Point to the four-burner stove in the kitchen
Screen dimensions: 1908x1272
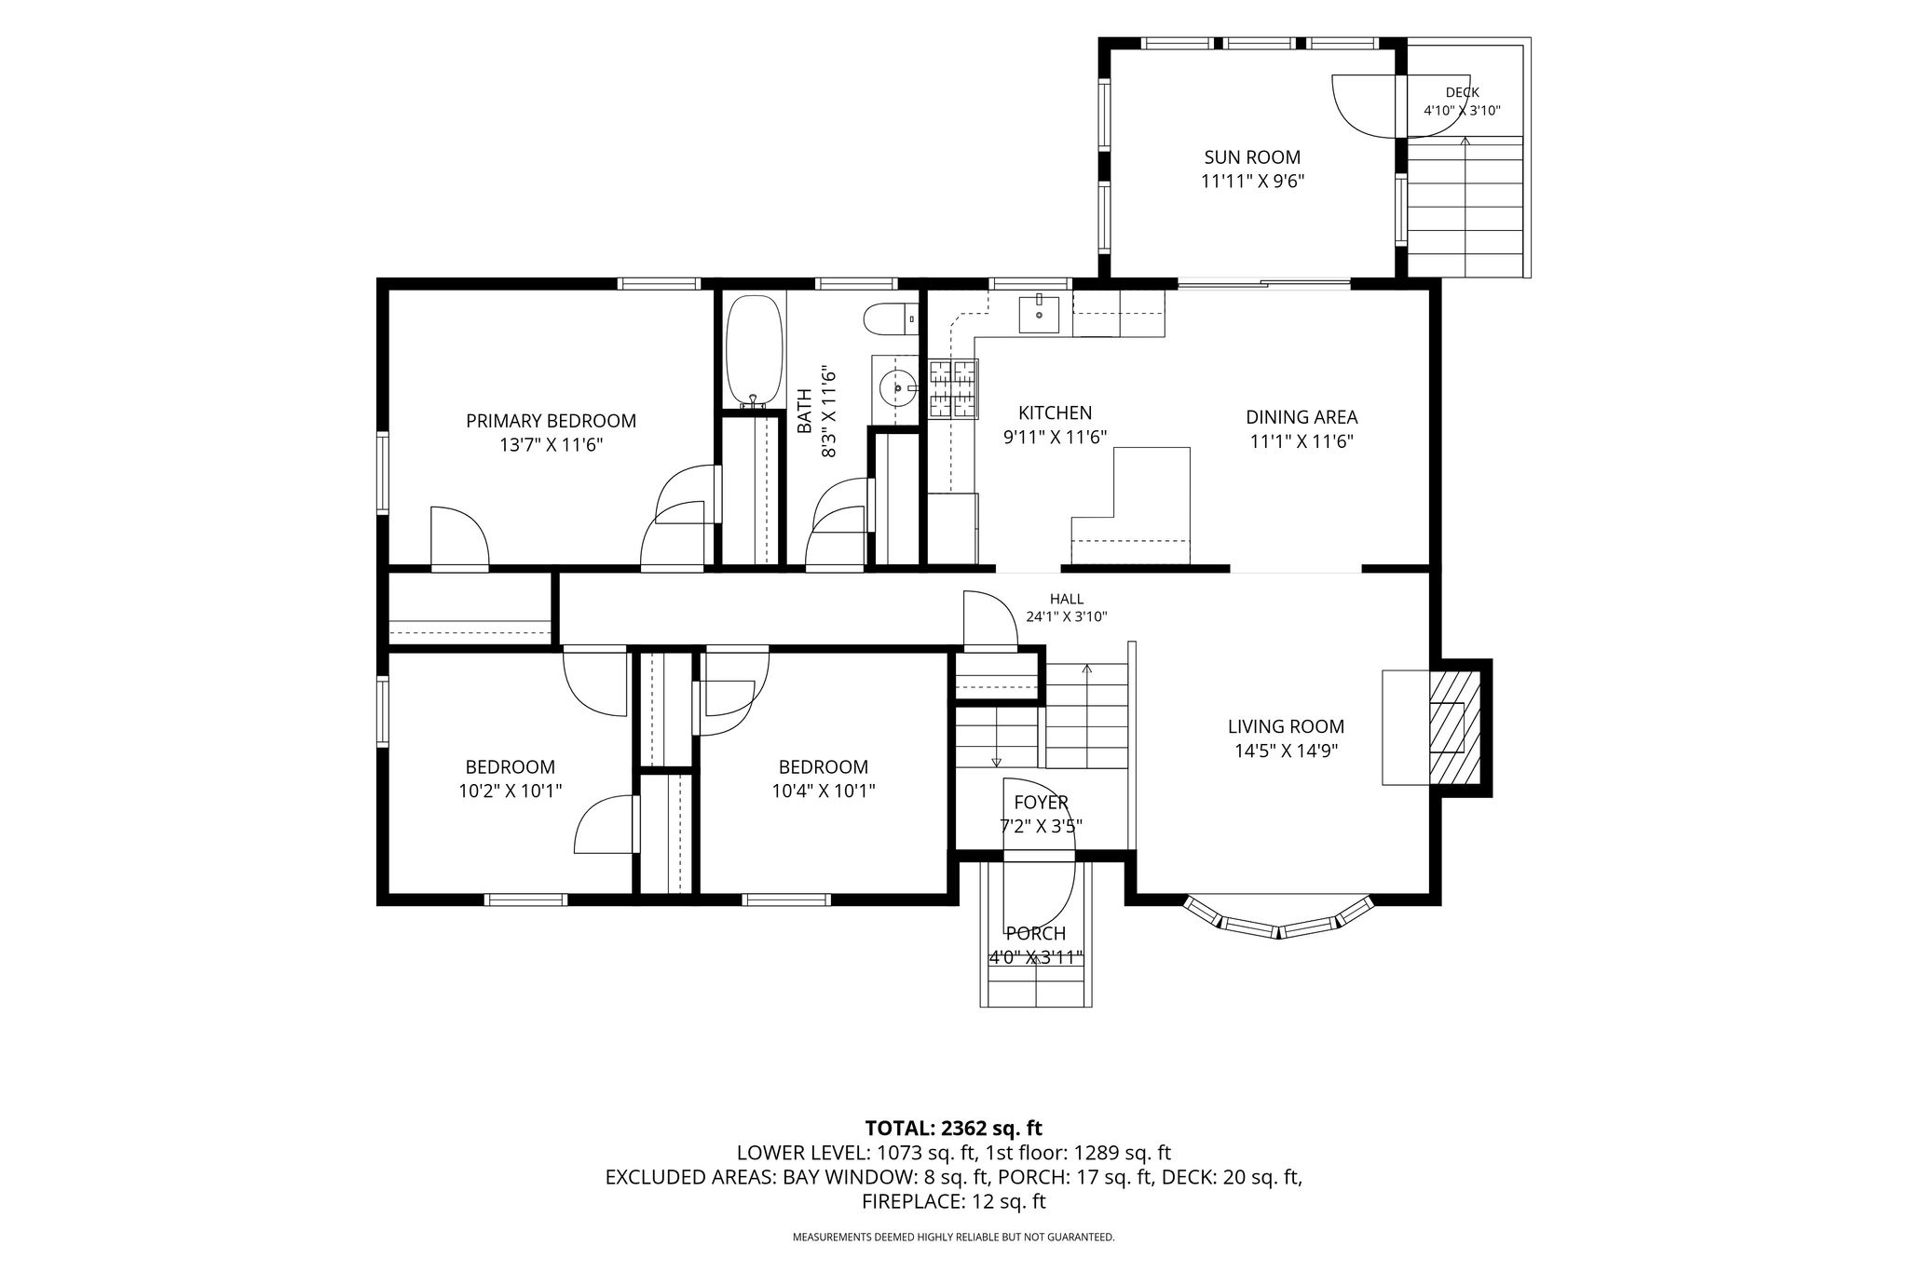coord(952,388)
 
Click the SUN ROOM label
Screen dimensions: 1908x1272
coord(1252,157)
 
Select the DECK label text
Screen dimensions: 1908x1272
coord(1462,92)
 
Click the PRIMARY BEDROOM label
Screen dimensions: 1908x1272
coord(552,421)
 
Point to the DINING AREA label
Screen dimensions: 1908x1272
coord(1302,417)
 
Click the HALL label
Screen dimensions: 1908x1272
coord(1067,599)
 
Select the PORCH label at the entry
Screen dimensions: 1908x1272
coord(1036,933)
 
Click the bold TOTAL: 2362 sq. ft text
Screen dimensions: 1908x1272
coord(953,1129)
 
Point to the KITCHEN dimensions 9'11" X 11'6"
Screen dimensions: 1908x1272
coord(1055,437)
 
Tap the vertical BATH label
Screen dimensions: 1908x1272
coord(805,411)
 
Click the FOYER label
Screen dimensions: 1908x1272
coord(1042,802)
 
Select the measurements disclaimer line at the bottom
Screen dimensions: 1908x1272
coord(953,1238)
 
